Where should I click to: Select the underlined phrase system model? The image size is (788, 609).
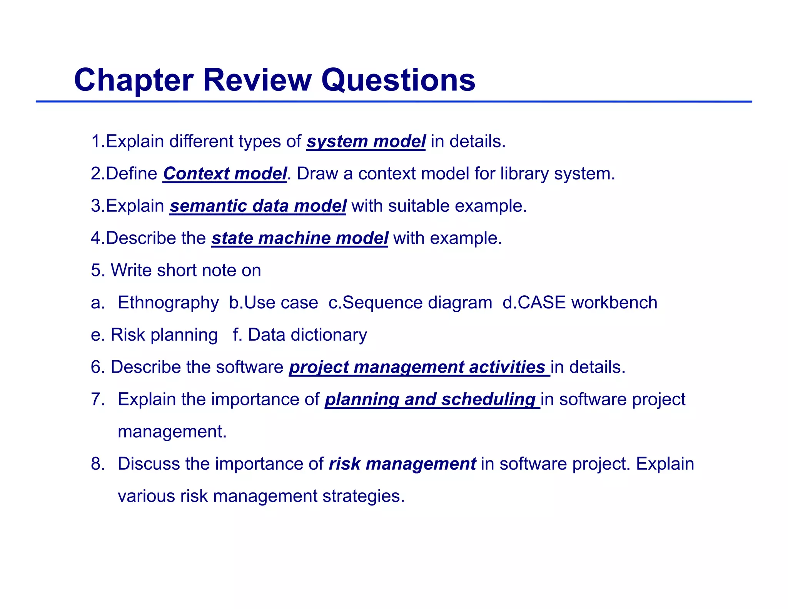(366, 141)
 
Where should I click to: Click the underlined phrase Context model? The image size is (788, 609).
(225, 174)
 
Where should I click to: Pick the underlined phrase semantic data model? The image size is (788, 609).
(258, 206)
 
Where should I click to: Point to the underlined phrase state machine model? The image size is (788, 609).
(300, 238)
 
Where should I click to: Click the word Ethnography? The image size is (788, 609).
(168, 303)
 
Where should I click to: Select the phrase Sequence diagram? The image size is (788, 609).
(417, 303)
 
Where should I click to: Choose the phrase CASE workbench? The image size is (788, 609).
(587, 303)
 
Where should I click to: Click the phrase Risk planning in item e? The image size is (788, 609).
(164, 335)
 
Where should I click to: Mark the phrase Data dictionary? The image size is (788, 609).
(307, 335)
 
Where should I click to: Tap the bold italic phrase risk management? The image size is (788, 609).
(402, 464)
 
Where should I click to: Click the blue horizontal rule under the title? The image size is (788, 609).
(394, 102)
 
